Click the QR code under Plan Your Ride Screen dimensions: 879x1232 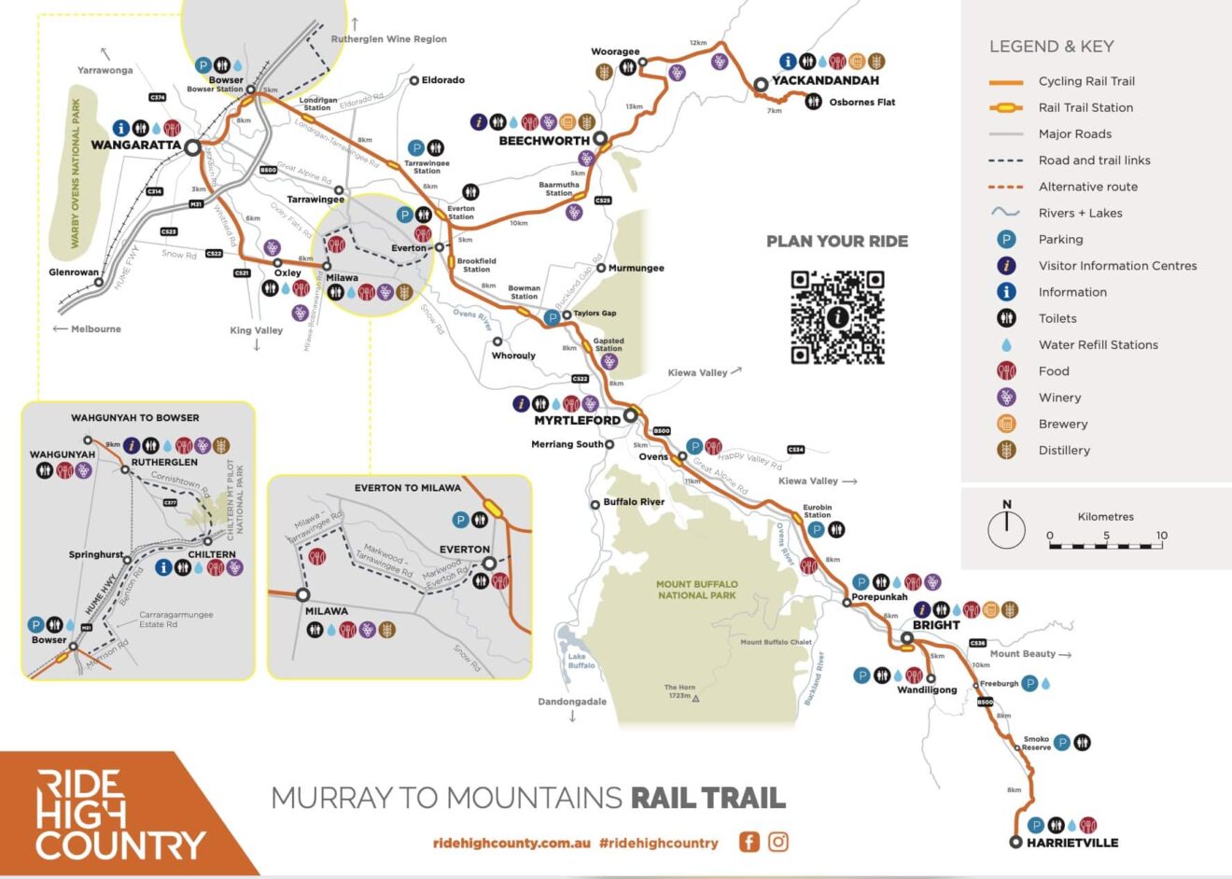837,317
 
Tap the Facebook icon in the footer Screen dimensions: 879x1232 749,842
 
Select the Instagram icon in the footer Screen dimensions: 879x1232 778,842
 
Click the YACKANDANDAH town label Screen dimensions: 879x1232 825,81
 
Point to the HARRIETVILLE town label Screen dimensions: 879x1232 1071,843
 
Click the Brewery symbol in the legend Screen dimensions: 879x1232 1006,424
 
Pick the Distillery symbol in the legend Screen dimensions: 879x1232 1006,450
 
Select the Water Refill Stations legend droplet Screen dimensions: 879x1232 1006,344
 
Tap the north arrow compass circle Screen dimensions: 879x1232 1006,529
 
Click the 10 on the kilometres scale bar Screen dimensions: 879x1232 1161,536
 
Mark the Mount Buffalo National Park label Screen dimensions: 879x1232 696,590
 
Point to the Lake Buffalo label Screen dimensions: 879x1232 581,661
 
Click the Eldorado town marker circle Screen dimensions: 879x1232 414,81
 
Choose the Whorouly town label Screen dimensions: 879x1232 513,356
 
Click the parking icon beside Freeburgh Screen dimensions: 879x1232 1030,683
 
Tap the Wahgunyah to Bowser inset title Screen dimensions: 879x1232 135,418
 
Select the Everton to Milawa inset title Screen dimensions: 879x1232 408,488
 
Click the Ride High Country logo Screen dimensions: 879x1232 119,815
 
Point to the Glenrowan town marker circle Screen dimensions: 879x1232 99,282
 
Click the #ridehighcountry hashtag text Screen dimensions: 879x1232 659,843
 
